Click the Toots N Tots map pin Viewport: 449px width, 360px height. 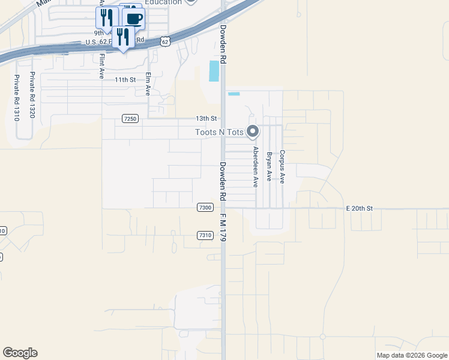coord(253,131)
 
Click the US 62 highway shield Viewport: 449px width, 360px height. coord(166,41)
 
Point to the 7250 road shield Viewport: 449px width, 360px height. coord(130,119)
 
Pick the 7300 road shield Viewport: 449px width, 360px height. coord(205,208)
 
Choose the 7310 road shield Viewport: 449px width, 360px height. coord(205,235)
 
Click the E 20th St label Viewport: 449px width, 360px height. coord(360,208)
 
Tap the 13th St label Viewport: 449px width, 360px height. coord(205,119)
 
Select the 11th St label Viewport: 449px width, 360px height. coord(126,79)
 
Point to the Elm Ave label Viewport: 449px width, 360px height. coord(148,84)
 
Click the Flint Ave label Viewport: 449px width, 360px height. coord(102,67)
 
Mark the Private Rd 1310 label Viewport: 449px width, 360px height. coord(17,97)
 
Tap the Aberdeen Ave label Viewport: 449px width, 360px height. coord(255,167)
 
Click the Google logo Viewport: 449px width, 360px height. coord(20,353)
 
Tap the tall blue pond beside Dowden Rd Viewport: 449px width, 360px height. coord(214,71)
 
